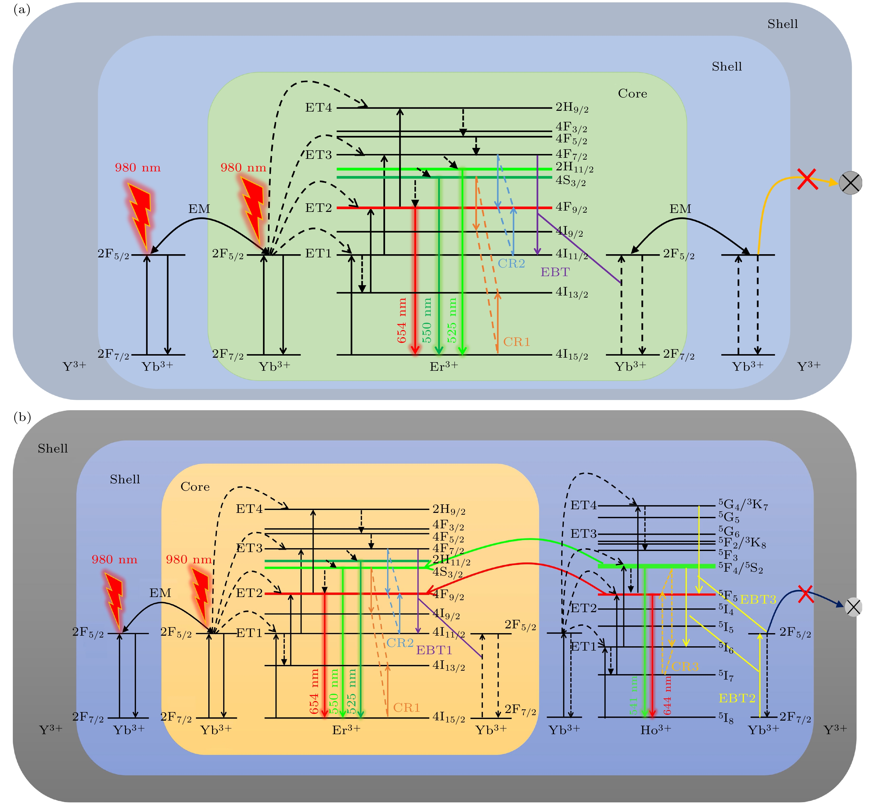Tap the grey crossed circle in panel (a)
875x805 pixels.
[850, 183]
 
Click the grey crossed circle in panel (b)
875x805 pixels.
[853, 607]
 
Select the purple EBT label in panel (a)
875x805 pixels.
[555, 272]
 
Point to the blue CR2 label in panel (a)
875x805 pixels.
[512, 264]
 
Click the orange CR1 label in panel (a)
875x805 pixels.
[517, 342]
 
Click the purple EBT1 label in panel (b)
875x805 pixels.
[434, 650]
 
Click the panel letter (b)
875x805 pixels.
[22, 417]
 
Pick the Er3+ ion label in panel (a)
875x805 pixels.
[444, 366]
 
